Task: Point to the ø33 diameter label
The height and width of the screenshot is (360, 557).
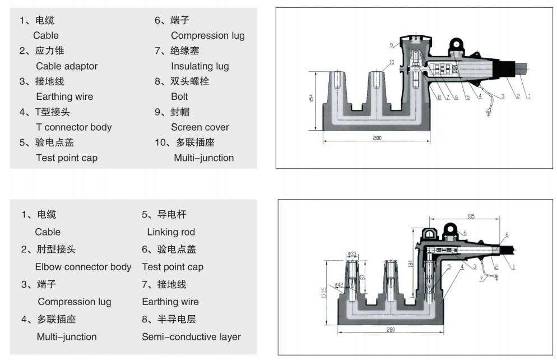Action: tap(352, 254)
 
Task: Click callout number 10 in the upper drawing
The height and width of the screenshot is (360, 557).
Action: tap(391, 62)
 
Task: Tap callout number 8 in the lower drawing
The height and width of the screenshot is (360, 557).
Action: tap(507, 234)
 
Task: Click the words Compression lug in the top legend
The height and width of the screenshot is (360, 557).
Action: tap(207, 35)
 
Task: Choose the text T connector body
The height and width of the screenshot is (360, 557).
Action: tap(73, 127)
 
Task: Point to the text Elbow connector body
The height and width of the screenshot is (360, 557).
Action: tap(83, 267)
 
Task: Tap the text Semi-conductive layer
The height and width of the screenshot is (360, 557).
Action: tap(191, 337)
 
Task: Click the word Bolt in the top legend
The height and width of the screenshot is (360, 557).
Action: tap(179, 96)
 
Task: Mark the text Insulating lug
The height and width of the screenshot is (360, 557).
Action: tap(199, 66)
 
